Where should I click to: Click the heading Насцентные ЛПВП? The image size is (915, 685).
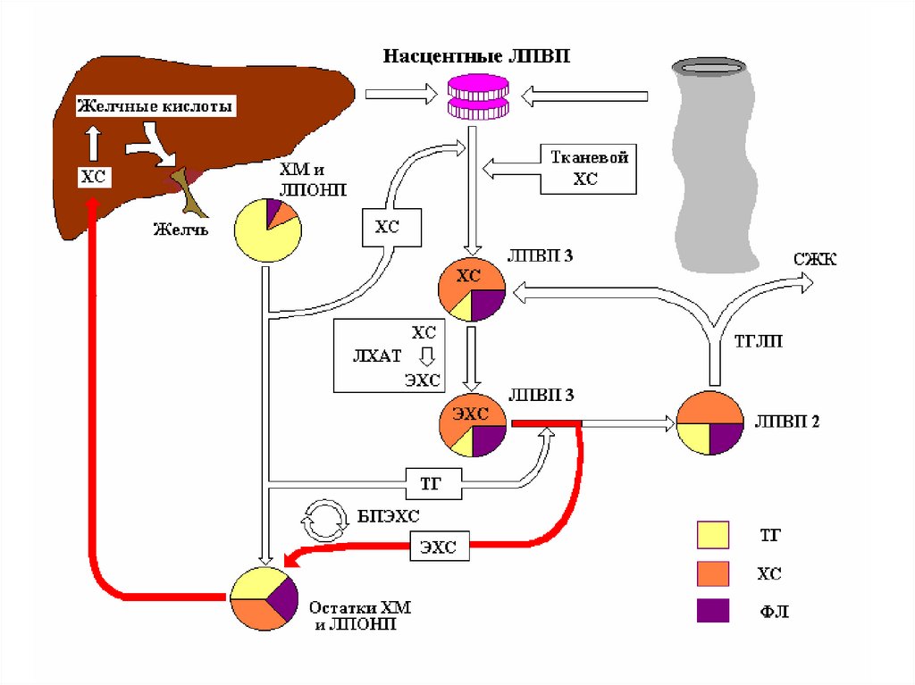click(x=476, y=56)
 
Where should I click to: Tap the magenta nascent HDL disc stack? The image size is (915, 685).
click(x=477, y=96)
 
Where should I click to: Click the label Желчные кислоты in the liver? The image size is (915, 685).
click(x=155, y=107)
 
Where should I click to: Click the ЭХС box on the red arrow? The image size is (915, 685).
click(x=440, y=547)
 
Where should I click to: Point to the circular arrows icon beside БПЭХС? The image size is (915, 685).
click(x=324, y=521)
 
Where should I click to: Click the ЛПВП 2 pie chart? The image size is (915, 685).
click(x=710, y=424)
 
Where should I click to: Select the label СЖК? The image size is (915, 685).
click(x=814, y=259)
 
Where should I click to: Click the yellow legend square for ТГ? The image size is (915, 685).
click(x=712, y=534)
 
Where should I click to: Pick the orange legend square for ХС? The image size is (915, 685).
click(x=712, y=572)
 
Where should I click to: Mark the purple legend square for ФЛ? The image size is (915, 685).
click(x=712, y=611)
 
